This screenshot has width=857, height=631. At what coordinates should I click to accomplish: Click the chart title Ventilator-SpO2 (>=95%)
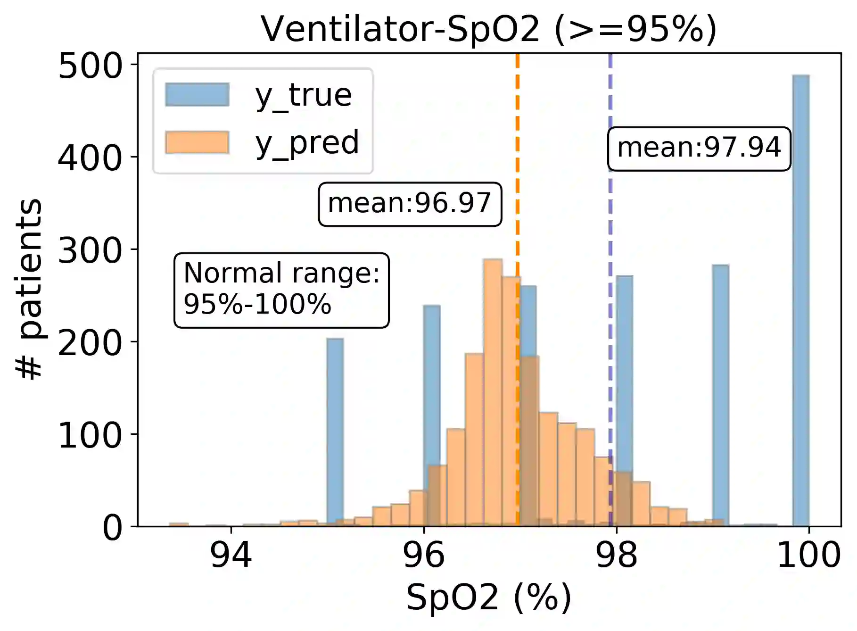pyautogui.click(x=488, y=29)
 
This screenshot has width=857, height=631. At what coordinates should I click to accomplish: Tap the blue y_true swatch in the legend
pyautogui.click(x=197, y=95)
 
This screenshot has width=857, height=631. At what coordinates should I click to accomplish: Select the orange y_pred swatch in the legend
pyautogui.click(x=197, y=142)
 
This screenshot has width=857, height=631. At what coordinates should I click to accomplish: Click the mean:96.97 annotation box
pyautogui.click(x=410, y=204)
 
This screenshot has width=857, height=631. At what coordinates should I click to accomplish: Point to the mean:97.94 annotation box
pyautogui.click(x=699, y=148)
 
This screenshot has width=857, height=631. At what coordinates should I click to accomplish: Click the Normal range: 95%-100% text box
pyautogui.click(x=281, y=290)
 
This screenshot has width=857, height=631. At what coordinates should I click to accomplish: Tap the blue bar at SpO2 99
pyautogui.click(x=720, y=391)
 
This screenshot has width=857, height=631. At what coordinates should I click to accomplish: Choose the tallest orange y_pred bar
pyautogui.click(x=493, y=391)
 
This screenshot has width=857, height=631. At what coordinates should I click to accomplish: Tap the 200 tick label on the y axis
pyautogui.click(x=90, y=343)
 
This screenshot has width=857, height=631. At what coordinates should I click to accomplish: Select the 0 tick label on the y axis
pyautogui.click(x=113, y=528)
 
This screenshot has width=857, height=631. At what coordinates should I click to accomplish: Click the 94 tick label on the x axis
pyautogui.click(x=231, y=555)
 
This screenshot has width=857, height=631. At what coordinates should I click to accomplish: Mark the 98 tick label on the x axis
pyautogui.click(x=616, y=555)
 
